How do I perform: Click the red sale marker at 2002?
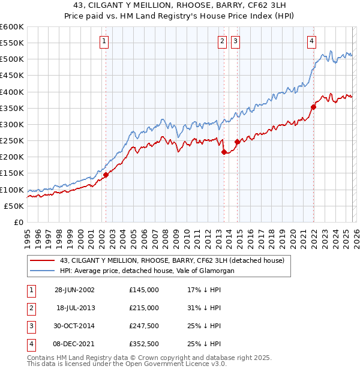pos(106,175)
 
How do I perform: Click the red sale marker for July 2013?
pos(224,152)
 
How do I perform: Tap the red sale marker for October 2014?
pos(238,142)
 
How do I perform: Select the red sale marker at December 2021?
pos(313,107)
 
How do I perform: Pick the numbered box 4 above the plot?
pos(312,41)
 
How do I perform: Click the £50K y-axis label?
pos(14,206)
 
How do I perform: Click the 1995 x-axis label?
pos(28,238)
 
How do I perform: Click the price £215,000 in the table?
pos(143,308)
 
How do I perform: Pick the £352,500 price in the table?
pos(143,344)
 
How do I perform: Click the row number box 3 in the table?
pos(30,326)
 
